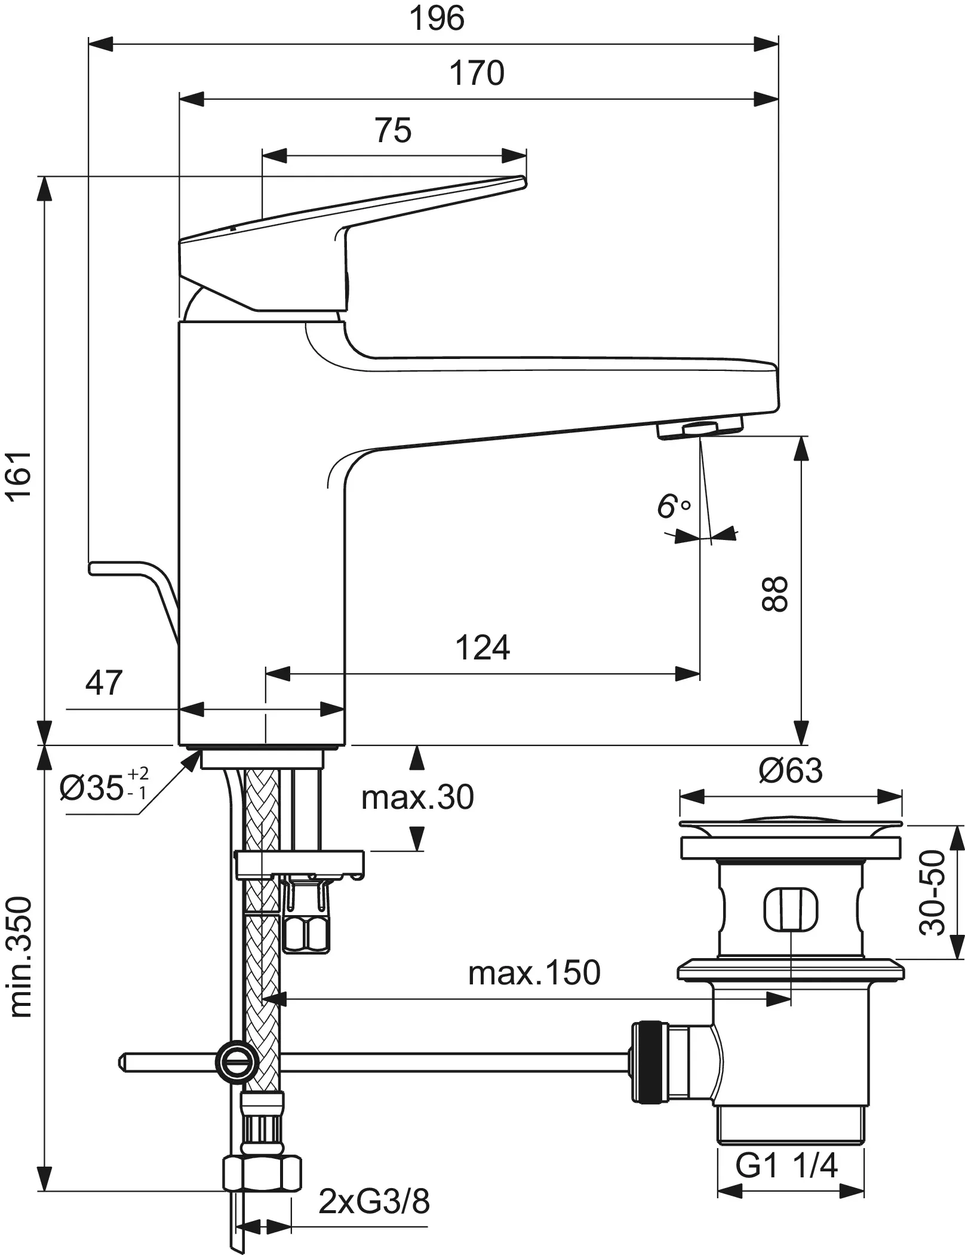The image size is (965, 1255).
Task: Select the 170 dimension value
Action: (x=477, y=73)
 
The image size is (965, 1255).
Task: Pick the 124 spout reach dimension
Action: (x=482, y=647)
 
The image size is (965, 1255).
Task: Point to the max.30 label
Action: (x=417, y=797)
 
